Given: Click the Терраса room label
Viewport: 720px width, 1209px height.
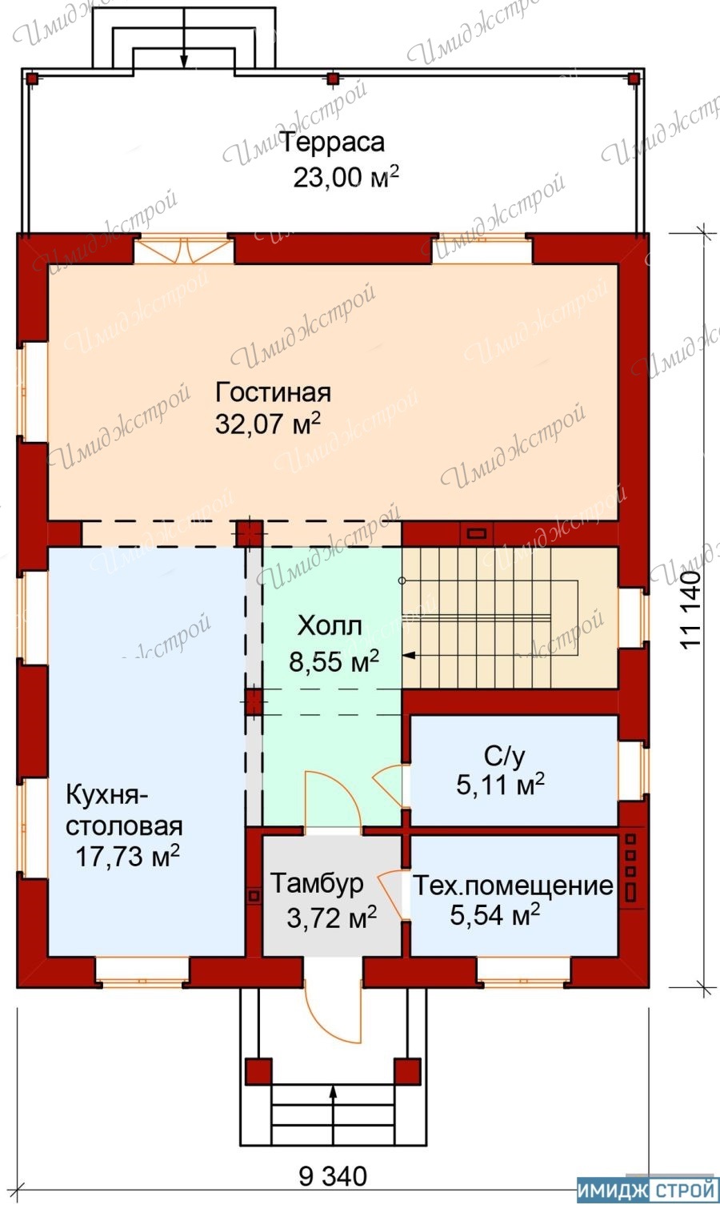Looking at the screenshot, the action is (x=333, y=143).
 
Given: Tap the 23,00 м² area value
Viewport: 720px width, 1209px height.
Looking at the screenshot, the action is (x=346, y=177).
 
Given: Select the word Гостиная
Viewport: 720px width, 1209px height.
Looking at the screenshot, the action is (x=273, y=392).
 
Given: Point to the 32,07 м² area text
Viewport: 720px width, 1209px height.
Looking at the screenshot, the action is (x=268, y=424).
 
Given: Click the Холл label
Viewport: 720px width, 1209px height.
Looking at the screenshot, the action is (x=330, y=627).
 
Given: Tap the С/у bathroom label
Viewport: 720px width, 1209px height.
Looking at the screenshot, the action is (x=504, y=757).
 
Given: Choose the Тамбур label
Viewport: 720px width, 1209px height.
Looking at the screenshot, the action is (x=317, y=885).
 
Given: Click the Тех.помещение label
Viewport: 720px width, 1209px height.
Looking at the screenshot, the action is (x=513, y=886).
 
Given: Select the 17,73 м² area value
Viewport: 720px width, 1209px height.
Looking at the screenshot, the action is (x=127, y=857).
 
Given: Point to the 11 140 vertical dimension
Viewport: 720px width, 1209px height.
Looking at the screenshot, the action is (x=690, y=610).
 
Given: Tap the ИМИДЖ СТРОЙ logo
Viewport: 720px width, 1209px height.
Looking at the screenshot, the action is (x=647, y=1191).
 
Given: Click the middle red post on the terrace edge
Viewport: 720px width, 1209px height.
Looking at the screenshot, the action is (x=334, y=78).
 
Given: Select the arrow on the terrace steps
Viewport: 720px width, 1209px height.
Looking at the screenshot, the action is (x=184, y=34).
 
